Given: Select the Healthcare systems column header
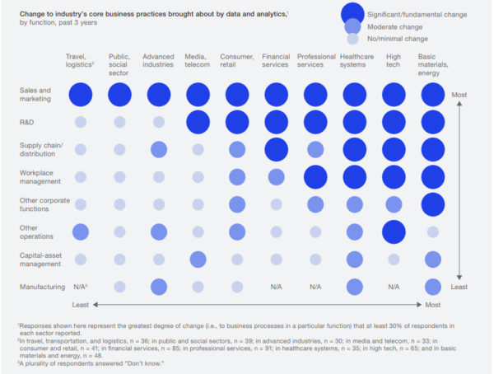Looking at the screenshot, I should (355, 61).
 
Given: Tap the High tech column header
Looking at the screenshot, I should (393, 61).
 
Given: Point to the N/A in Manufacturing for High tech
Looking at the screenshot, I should (394, 287).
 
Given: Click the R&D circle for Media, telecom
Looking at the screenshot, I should (198, 122).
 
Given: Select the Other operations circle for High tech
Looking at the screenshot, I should (394, 231).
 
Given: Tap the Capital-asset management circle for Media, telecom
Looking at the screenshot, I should (198, 259).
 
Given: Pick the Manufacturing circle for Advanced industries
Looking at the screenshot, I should (158, 287).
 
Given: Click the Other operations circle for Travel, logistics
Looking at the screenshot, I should (80, 231).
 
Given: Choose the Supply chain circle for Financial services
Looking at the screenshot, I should (276, 149).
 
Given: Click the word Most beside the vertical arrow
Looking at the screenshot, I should (459, 96).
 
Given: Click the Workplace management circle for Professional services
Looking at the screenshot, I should (315, 177).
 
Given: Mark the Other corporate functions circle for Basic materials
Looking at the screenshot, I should (432, 204).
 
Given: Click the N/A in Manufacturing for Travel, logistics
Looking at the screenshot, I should (81, 287).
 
